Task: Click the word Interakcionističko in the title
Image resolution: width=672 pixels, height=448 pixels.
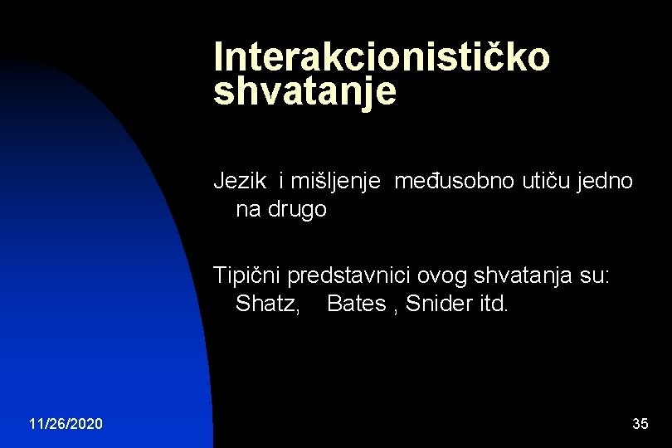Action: point(382,57)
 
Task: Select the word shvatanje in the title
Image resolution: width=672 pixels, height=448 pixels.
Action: point(304,92)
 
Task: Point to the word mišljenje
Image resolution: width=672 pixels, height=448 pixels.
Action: point(334,181)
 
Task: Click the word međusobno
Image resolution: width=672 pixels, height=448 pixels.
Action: point(454,181)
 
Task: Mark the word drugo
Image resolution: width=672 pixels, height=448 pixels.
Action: point(298,210)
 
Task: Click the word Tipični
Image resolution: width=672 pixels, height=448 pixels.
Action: point(247,275)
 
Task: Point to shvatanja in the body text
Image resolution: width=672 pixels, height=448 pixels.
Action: point(526,275)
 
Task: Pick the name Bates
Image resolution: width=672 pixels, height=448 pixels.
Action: point(357,304)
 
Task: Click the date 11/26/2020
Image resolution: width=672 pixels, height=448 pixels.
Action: point(66,424)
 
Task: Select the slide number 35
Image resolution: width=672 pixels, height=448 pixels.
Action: point(640,424)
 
